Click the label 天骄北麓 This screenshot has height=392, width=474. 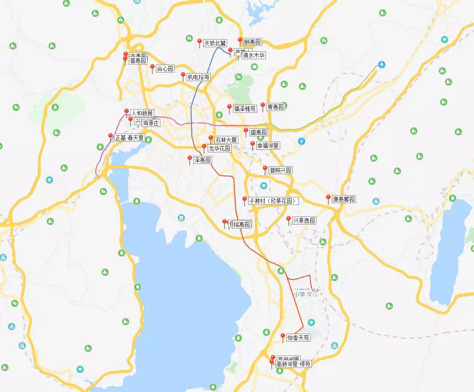[x=215, y=44]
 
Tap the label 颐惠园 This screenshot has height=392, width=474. [x=252, y=42]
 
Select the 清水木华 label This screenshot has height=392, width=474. [x=253, y=56]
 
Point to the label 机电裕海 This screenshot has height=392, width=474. [x=198, y=77]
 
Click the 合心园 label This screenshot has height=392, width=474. [x=165, y=69]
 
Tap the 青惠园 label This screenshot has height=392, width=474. [x=275, y=107]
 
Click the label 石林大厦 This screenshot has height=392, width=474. [x=226, y=140]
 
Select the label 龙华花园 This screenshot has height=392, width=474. [x=219, y=148]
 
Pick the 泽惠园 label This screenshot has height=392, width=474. [x=202, y=160]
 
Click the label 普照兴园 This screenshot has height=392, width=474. [x=281, y=170]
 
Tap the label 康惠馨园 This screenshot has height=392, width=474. [x=344, y=200]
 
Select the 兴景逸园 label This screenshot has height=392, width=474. [x=304, y=220]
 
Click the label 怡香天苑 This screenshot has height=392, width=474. [x=298, y=338]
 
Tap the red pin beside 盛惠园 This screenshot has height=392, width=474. [x=245, y=131]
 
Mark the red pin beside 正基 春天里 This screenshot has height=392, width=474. [x=110, y=137]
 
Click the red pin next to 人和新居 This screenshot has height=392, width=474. [x=127, y=112]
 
